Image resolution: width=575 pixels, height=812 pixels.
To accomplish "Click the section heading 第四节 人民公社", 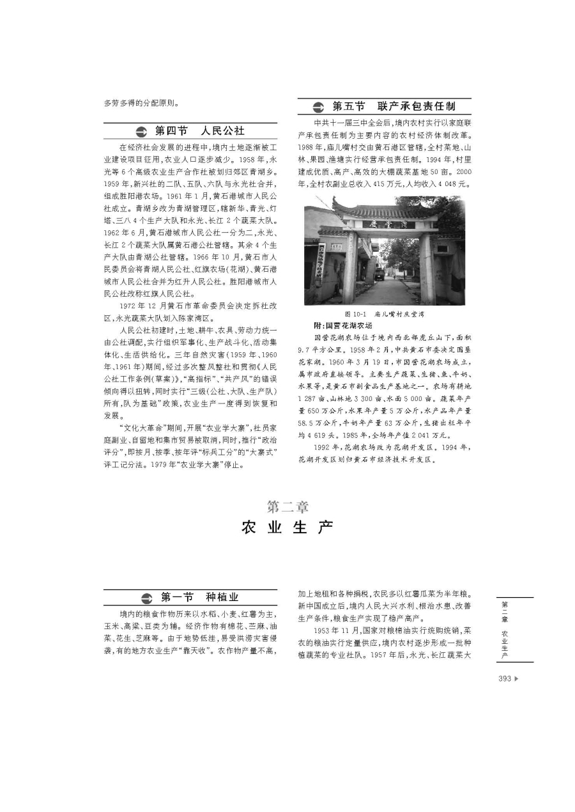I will tap(199, 131).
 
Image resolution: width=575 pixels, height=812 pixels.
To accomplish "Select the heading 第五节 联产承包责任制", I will tap(401, 106).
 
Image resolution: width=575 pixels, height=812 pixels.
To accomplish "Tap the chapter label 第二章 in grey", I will tap(287, 507).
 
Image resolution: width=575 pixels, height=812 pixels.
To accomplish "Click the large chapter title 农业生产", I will tap(287, 527).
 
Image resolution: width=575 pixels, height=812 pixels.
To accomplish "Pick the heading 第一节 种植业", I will tap(199, 597).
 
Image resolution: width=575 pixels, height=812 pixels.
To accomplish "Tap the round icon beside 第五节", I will tap(318, 107).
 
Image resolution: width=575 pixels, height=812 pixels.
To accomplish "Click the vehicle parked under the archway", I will tap(380, 274).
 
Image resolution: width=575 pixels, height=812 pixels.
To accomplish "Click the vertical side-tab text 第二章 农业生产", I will tap(505, 629).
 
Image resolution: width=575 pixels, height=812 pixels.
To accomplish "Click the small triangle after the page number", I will tap(516, 678).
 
